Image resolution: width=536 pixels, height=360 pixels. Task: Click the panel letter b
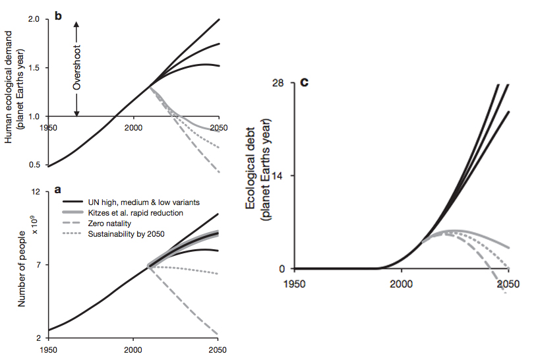[58, 16]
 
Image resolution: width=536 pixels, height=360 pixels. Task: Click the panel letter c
[304, 82]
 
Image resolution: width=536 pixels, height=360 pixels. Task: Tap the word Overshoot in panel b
[76, 69]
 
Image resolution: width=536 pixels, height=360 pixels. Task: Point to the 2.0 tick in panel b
[35, 20]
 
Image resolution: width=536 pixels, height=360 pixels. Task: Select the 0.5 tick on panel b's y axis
[35, 165]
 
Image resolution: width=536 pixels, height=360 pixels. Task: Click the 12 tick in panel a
[37, 192]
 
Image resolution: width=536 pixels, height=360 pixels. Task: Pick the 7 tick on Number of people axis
[39, 265]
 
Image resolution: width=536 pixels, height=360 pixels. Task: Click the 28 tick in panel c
[279, 83]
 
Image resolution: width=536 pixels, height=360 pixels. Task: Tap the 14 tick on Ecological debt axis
[279, 176]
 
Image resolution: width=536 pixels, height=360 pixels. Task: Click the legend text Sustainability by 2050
[125, 234]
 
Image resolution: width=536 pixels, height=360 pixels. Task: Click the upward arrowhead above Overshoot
[76, 24]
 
